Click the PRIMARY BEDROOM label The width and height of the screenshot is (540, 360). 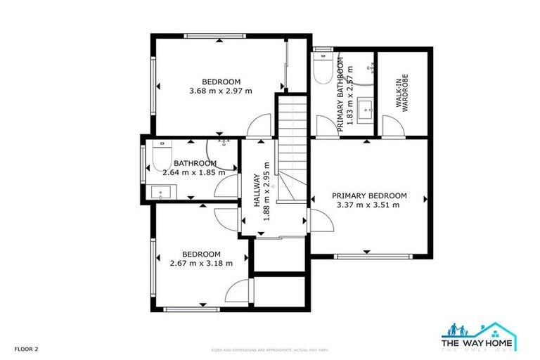[x=369, y=195]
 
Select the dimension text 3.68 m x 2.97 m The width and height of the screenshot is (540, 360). [x=221, y=91]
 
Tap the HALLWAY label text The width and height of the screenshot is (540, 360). [x=257, y=190]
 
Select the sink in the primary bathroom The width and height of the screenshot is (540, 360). [x=366, y=110]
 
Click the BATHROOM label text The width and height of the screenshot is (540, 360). [x=195, y=163]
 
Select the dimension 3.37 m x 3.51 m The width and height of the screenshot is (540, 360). [x=369, y=205]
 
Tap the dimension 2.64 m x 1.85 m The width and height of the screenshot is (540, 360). [x=193, y=172]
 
